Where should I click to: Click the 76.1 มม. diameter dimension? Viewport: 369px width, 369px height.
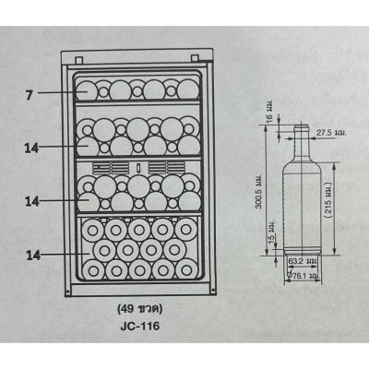(303, 274)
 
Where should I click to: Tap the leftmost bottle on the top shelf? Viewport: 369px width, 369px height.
(83, 91)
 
